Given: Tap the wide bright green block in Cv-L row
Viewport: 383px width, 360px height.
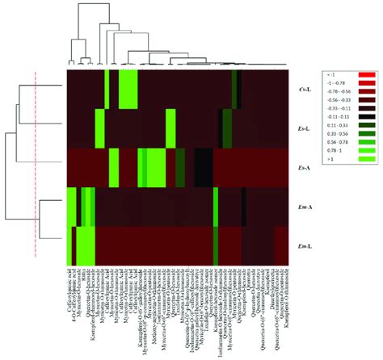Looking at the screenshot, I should pyautogui.click(x=128, y=89).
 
